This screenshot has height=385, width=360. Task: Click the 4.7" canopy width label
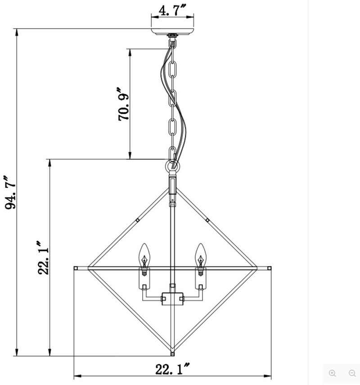[x=172, y=10]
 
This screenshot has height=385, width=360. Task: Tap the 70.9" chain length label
[x=123, y=104]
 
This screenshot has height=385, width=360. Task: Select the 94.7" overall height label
[x=9, y=192]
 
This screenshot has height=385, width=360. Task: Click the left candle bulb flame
[x=144, y=255]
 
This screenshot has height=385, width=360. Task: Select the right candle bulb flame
[x=200, y=255]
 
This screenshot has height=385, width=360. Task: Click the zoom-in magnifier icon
[x=333, y=373]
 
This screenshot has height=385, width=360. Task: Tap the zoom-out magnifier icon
[x=352, y=373]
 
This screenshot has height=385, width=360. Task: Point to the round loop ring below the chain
[x=172, y=167]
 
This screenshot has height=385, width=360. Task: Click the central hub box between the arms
[x=172, y=298]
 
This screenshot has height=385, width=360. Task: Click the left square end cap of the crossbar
[x=76, y=268]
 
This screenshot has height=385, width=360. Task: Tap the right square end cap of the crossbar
[x=269, y=268]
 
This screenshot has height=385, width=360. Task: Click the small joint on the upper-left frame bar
[x=137, y=220]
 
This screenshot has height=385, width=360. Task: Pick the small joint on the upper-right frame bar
[x=207, y=220]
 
